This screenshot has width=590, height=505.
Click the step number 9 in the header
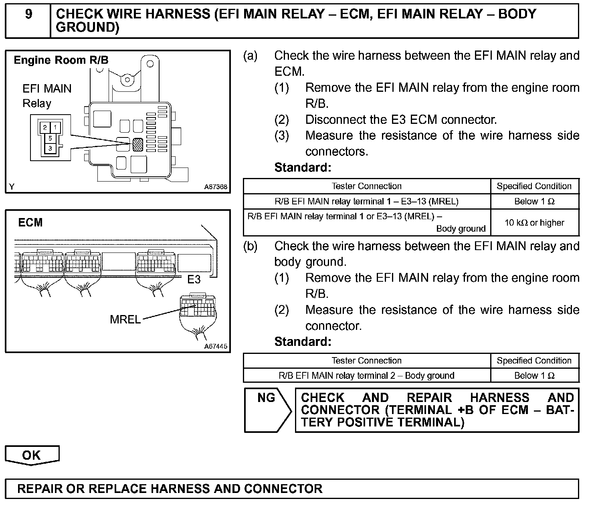click(x=28, y=14)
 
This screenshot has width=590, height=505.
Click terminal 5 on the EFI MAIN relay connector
click(x=50, y=138)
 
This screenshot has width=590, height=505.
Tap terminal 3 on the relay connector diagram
click(x=50, y=148)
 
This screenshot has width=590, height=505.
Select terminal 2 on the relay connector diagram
click(x=45, y=128)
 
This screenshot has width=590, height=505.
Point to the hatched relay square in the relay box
click(x=138, y=144)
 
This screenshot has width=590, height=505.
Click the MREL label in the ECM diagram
click(x=125, y=319)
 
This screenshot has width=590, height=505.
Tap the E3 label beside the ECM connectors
click(x=194, y=279)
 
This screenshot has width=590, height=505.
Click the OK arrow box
click(x=32, y=455)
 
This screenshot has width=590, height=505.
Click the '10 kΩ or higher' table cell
click(x=534, y=223)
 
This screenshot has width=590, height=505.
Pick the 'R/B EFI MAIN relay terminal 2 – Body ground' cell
click(x=366, y=376)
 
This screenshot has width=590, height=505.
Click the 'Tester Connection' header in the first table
click(x=366, y=186)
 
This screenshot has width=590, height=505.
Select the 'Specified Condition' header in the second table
click(x=534, y=360)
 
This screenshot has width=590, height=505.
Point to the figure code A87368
click(x=216, y=187)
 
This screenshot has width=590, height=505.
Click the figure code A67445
click(x=216, y=346)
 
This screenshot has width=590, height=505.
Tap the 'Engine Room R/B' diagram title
click(x=61, y=60)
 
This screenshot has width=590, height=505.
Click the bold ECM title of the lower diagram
click(x=30, y=222)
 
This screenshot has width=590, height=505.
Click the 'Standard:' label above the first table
click(x=303, y=168)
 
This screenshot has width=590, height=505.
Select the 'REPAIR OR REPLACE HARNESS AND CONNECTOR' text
click(x=170, y=489)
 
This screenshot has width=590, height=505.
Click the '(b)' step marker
click(x=250, y=246)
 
